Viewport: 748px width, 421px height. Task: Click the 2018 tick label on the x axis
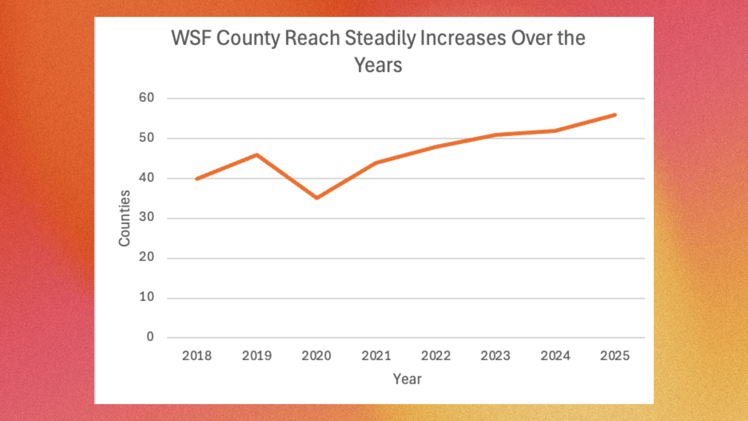point(197,356)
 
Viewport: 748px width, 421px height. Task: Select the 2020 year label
point(316,356)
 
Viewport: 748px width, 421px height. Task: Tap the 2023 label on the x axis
point(495,356)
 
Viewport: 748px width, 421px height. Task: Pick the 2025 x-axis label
point(615,356)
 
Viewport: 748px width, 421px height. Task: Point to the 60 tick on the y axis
point(146,97)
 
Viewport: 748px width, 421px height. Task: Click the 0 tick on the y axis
point(150,337)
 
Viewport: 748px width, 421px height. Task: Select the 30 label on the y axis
point(146,217)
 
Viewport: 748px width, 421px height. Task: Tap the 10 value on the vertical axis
point(146,297)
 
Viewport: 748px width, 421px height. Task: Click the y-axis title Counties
point(124,218)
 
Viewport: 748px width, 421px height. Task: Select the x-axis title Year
point(407,379)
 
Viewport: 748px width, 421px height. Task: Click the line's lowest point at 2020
point(317,198)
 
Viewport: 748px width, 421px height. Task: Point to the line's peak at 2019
point(257,155)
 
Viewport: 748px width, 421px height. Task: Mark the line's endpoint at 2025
point(615,115)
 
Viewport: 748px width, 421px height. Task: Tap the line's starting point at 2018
point(197,179)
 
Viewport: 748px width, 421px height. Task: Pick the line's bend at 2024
point(555,131)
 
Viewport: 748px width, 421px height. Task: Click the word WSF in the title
point(191,38)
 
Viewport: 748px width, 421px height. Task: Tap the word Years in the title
point(378,65)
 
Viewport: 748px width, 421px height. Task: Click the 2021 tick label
point(376,356)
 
